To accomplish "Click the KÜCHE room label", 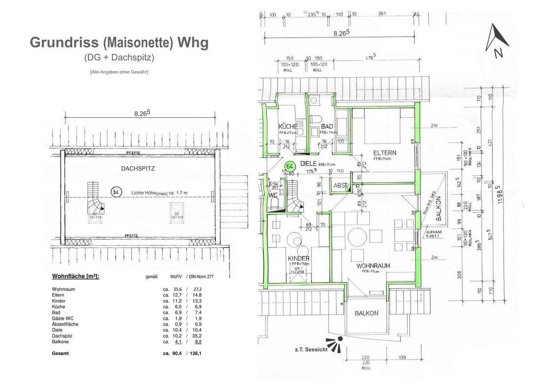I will tap(288, 127).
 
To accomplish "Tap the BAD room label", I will tap(327, 127).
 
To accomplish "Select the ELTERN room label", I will tap(385, 153).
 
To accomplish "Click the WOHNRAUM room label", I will tap(373, 266).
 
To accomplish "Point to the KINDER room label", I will tap(299, 259).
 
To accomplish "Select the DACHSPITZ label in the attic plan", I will tap(138, 169).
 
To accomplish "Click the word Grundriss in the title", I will tap(64, 43).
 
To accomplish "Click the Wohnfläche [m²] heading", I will tap(76, 276).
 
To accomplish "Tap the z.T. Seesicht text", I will tap(311, 349).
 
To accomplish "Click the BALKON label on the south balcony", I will tap(366, 313).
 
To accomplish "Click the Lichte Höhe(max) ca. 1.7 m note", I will tap(159, 193).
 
